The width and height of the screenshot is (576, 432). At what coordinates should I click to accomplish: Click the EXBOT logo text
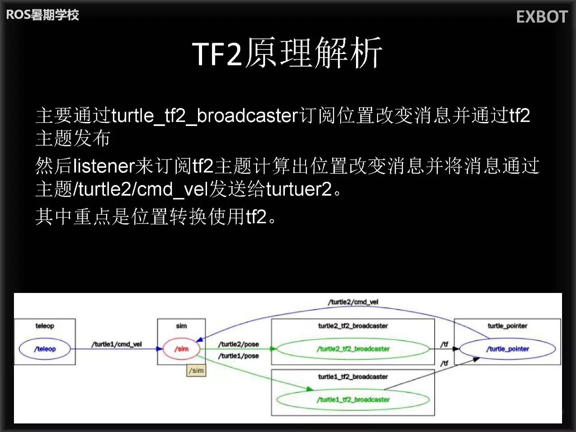click(x=542, y=17)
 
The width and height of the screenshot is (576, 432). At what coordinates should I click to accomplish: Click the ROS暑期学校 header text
click(x=42, y=15)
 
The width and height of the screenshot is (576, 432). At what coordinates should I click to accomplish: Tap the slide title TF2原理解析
click(x=288, y=53)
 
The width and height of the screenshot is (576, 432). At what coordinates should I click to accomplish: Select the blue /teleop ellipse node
click(x=45, y=349)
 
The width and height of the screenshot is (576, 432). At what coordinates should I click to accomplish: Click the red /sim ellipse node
click(x=181, y=349)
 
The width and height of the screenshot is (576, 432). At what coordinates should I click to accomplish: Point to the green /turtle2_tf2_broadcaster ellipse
click(x=353, y=349)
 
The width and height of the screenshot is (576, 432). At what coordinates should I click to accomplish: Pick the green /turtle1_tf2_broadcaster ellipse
click(x=353, y=400)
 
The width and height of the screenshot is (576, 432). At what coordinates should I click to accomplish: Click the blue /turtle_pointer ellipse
click(x=507, y=349)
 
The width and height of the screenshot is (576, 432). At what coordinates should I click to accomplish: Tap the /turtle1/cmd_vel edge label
click(x=117, y=344)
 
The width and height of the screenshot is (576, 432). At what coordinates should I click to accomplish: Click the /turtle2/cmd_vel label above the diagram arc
click(x=353, y=302)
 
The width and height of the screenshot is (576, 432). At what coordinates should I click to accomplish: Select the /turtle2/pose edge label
click(x=238, y=344)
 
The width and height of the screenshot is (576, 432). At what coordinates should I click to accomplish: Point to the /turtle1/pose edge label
click(x=238, y=356)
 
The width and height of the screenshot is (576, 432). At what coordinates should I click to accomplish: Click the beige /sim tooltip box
click(x=197, y=370)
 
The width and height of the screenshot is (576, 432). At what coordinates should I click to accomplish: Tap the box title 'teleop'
click(x=45, y=326)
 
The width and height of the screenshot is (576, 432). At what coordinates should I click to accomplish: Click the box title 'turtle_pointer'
click(x=507, y=326)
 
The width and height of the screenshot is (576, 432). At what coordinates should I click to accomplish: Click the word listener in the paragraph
click(x=103, y=166)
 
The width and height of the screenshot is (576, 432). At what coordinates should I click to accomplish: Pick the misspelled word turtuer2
click(x=299, y=189)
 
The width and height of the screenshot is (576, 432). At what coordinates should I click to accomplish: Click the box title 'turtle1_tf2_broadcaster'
click(x=353, y=377)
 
